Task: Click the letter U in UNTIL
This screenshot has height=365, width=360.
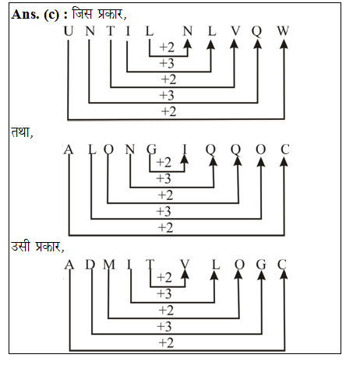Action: (x=69, y=31)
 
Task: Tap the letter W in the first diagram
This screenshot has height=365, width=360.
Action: (x=283, y=31)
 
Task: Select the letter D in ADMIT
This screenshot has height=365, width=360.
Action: (x=90, y=265)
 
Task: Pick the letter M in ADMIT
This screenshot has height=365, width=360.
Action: (x=109, y=265)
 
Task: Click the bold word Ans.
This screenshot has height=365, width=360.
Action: (x=25, y=14)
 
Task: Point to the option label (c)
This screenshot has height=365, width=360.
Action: (x=51, y=15)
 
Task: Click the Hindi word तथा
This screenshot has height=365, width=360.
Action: (x=22, y=132)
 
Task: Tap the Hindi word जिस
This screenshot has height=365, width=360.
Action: (x=82, y=13)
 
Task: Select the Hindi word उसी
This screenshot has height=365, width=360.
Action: (x=21, y=246)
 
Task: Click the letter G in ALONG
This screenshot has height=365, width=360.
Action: (x=152, y=149)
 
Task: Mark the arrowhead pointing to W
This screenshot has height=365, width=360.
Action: (x=284, y=44)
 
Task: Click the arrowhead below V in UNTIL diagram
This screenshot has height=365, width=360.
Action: (x=235, y=44)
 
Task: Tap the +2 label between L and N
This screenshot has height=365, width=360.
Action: (x=167, y=47)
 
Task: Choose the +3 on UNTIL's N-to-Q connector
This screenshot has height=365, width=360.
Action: (x=167, y=95)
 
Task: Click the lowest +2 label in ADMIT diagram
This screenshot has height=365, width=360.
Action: (x=166, y=342)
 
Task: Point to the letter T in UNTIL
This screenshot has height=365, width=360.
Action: (x=111, y=31)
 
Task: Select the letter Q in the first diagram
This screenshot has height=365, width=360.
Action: (x=257, y=32)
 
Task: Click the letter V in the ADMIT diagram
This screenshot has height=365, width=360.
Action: (x=185, y=265)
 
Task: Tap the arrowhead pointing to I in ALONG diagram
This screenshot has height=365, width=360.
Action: (x=184, y=159)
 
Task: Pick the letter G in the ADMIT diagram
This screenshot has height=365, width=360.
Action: (x=261, y=265)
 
